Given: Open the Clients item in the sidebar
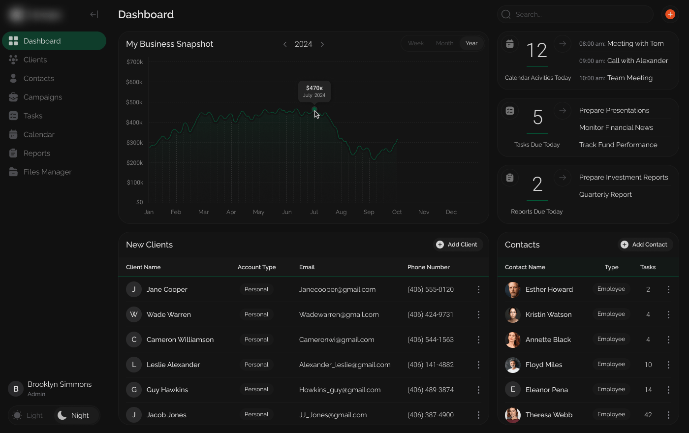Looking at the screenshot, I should pyautogui.click(x=35, y=60).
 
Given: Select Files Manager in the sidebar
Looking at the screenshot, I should pyautogui.click(x=47, y=172).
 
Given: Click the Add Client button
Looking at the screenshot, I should pyautogui.click(x=457, y=245).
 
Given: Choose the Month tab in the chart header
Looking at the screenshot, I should pyautogui.click(x=444, y=43).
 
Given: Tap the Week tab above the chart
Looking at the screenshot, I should pyautogui.click(x=415, y=43).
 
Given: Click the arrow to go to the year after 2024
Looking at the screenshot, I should pyautogui.click(x=322, y=44).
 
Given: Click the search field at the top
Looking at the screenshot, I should pyautogui.click(x=576, y=14).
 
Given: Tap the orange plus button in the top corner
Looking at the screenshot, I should pyautogui.click(x=670, y=14).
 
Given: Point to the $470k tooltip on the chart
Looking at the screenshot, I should pyautogui.click(x=314, y=92).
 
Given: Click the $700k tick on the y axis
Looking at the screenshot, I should pyautogui.click(x=134, y=62).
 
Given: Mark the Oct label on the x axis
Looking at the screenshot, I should pyautogui.click(x=397, y=212).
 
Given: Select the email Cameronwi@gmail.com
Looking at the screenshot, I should pyautogui.click(x=337, y=340).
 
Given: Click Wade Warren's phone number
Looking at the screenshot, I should pyautogui.click(x=430, y=314).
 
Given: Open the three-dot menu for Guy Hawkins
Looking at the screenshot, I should pyautogui.click(x=478, y=390).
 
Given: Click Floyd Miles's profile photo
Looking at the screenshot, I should pyautogui.click(x=513, y=365).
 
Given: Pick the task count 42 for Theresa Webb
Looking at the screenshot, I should pyautogui.click(x=648, y=415).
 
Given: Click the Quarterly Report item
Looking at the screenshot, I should pyautogui.click(x=605, y=194).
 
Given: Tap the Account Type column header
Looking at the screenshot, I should pyautogui.click(x=256, y=267).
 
